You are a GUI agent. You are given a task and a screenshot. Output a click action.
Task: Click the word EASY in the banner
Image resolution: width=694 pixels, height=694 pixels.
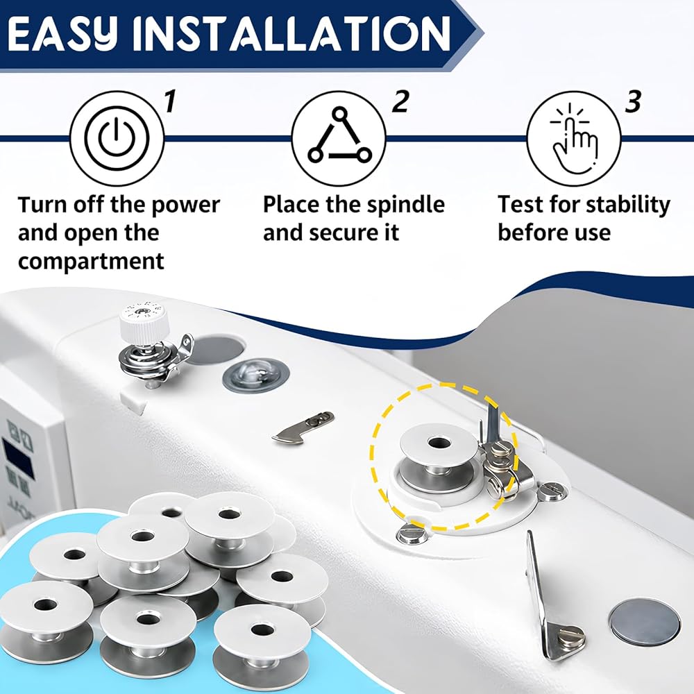pos(62,35)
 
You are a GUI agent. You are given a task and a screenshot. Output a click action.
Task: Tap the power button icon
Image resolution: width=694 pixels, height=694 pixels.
pos(117,138)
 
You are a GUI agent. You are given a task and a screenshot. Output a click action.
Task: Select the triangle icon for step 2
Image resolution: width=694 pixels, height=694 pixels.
pos(339,135)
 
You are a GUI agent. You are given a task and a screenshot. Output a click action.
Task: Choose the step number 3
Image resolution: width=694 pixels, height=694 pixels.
pos(633,101)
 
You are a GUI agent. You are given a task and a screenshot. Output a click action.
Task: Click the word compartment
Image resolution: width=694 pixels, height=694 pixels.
pos(91,261)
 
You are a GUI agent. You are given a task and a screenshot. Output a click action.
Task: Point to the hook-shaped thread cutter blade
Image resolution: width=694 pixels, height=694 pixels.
pos(303,427)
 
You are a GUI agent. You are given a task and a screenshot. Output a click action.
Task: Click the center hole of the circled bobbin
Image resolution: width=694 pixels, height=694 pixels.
pos(438,442)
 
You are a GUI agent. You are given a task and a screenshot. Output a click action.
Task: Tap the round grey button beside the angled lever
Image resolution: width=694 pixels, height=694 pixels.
pos(645,621)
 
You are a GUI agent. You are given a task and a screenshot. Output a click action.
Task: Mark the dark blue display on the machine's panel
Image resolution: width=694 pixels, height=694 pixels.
pos(19,457)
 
